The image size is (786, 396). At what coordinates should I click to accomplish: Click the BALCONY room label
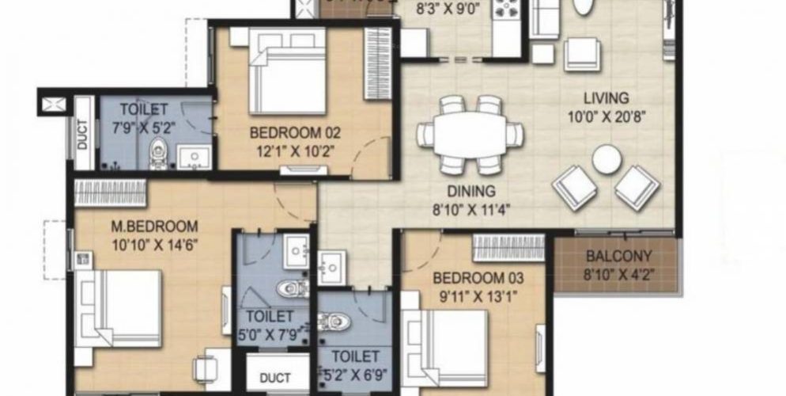619,257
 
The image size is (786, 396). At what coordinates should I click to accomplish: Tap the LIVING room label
606,99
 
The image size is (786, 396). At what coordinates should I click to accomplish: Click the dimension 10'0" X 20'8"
606,116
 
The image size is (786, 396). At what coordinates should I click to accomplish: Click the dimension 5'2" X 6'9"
355,375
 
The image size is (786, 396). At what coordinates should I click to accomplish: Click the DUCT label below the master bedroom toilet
274,378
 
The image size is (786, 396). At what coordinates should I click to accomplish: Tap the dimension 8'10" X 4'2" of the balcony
619,274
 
